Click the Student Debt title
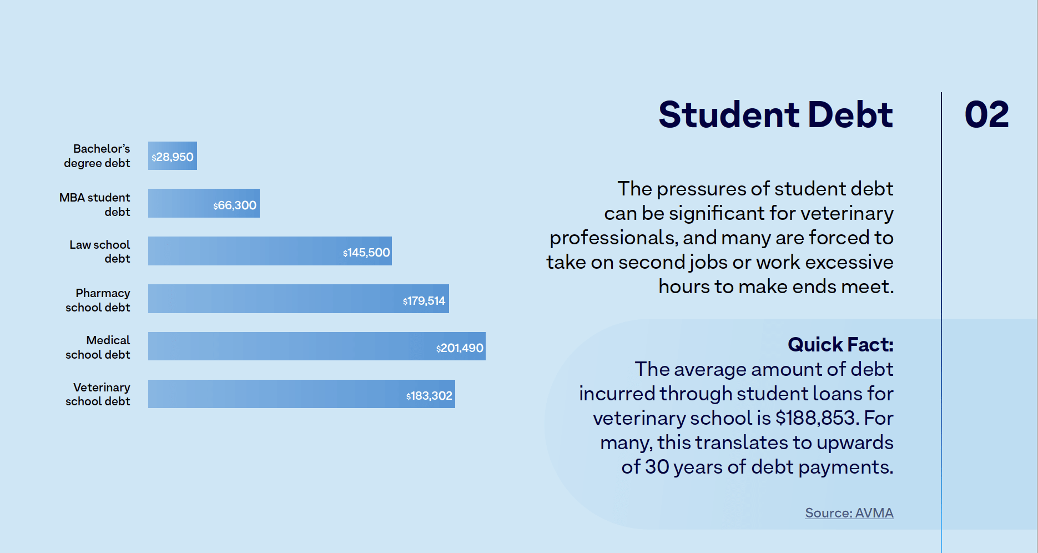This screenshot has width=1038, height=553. (775, 114)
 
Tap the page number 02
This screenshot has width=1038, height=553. (986, 114)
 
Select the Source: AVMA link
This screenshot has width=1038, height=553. (849, 512)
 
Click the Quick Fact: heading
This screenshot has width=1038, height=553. (840, 344)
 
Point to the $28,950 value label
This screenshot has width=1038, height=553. (173, 157)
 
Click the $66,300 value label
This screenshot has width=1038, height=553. (235, 205)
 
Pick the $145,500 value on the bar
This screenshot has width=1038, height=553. (366, 253)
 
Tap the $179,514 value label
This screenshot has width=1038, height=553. (424, 301)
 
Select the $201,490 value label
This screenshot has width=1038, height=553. (460, 348)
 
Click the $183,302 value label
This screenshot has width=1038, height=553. (429, 396)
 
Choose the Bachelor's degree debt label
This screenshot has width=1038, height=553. (97, 156)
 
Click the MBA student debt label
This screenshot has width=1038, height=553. (95, 204)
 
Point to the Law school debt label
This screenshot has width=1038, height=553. (100, 252)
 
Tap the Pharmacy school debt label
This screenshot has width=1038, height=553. (98, 300)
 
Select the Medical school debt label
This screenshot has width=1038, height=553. (98, 347)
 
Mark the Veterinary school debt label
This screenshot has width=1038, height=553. (98, 394)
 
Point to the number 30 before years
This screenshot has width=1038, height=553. (657, 466)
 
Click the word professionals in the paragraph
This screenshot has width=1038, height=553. (612, 238)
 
